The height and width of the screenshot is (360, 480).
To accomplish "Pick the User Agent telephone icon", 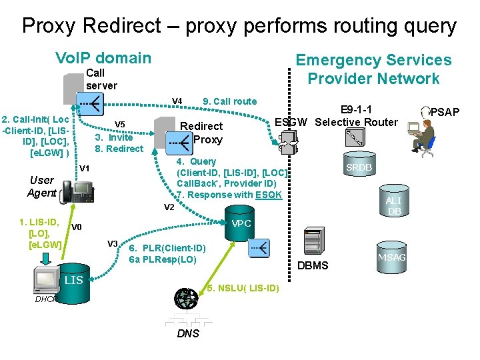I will click(76, 192).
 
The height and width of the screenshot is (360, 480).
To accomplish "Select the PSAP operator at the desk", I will click(422, 137).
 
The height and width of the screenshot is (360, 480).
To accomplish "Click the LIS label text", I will click(73, 280).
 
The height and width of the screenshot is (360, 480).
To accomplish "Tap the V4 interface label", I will click(177, 101).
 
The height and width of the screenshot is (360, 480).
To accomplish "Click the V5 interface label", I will click(120, 124).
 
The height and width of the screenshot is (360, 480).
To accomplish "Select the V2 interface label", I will click(169, 207).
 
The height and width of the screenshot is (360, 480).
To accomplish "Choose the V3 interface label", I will click(113, 243).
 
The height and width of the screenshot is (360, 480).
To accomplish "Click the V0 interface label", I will click(77, 227).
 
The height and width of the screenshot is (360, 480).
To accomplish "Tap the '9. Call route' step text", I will click(229, 101).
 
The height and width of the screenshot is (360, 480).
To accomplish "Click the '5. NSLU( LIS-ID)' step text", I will click(243, 288).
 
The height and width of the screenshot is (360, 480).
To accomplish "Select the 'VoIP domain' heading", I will click(103, 58).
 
